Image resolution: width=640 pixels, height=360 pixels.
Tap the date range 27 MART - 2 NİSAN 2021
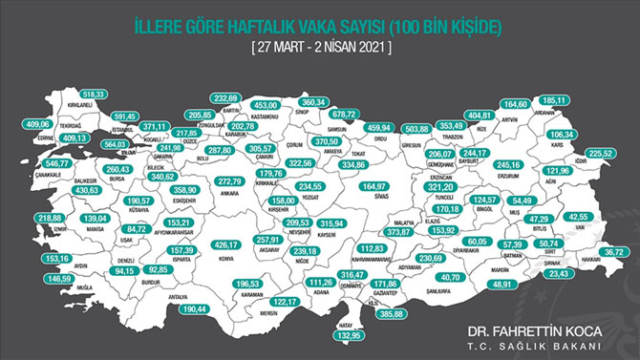pos(319,44)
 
